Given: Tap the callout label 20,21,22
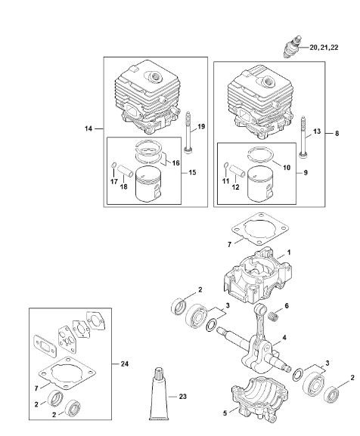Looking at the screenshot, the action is [x=324, y=48].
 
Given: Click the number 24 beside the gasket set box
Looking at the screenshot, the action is [x=125, y=363].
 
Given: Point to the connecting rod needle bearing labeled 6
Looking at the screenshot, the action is [x=274, y=317].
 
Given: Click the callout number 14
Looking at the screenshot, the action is [x=88, y=128].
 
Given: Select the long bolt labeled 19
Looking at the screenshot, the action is [x=188, y=131].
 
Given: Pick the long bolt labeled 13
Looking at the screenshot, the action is [x=303, y=138].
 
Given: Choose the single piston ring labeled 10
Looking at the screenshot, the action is [x=260, y=156].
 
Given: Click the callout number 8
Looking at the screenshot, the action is [x=337, y=134].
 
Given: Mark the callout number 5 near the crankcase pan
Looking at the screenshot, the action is [x=225, y=413].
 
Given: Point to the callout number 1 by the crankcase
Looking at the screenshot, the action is [x=289, y=252].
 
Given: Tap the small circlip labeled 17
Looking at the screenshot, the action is [x=113, y=165].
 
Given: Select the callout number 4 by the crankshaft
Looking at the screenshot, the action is [x=284, y=338].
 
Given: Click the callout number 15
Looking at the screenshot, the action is [x=192, y=173].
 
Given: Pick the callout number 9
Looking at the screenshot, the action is [x=306, y=173].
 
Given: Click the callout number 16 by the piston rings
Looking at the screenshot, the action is [x=175, y=162].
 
